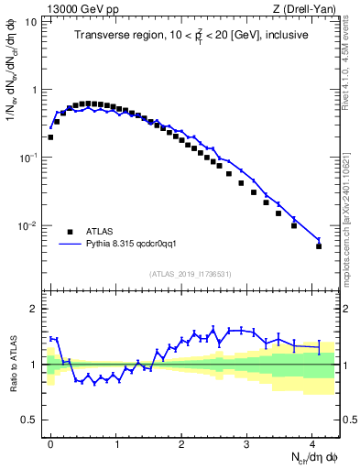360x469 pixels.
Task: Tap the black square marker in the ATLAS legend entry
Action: tap(68, 232)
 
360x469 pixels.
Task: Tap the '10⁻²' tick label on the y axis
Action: tap(27, 226)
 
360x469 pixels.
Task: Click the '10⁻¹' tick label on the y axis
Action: tap(27, 158)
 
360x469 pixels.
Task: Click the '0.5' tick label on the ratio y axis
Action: tap(29, 420)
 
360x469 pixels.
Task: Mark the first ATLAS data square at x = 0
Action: tap(50, 137)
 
